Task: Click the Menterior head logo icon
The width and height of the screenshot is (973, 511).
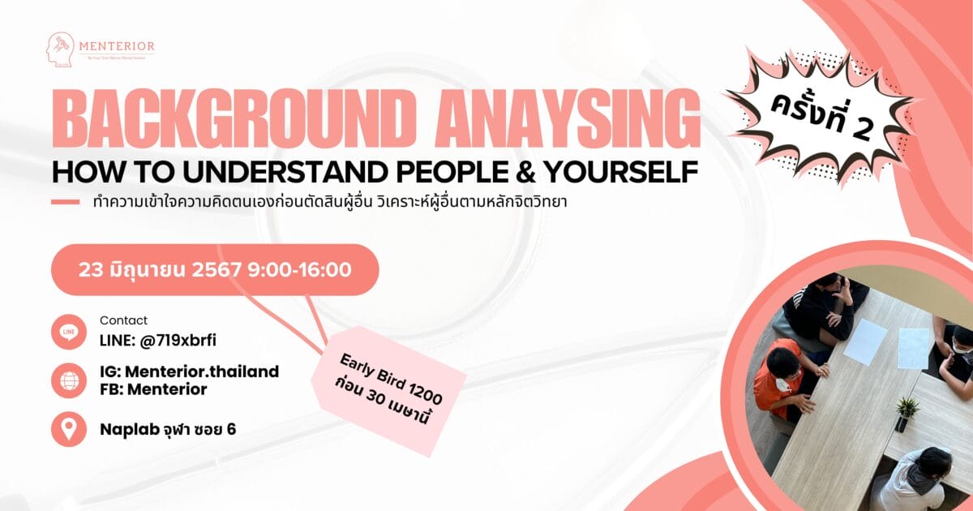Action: [x=59, y=50]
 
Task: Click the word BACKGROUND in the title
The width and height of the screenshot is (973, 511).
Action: [x=233, y=119]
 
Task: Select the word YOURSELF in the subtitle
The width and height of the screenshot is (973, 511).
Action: [x=621, y=172]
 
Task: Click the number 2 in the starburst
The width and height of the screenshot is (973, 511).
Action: [x=862, y=131]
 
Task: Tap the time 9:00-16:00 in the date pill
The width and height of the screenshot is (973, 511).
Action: [x=300, y=270]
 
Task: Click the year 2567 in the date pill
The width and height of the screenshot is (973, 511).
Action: [x=216, y=270]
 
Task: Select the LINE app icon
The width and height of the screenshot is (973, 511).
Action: [x=69, y=332]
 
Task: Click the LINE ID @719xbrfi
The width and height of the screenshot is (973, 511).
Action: [x=178, y=341]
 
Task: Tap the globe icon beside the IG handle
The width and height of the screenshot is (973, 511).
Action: [x=69, y=380]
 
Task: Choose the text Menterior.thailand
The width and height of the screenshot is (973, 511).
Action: [x=202, y=371]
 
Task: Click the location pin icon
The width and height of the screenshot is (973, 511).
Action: [x=69, y=429]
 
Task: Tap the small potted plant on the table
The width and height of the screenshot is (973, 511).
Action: [x=907, y=414]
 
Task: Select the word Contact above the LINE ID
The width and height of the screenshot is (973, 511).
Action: [x=124, y=320]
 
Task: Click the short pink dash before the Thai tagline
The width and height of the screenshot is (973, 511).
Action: [x=65, y=202]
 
